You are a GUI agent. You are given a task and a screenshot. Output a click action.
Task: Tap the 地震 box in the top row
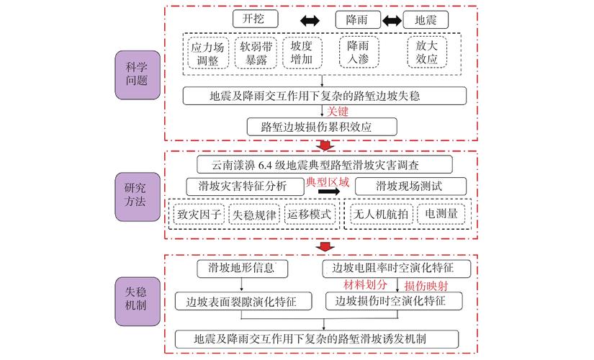[426, 19]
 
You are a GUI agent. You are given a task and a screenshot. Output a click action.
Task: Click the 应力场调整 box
[208, 53]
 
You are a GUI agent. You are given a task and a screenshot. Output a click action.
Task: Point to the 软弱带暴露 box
[256, 53]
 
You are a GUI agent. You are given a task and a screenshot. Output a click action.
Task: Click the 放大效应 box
[428, 53]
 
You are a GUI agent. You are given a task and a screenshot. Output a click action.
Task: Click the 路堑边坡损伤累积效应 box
[321, 127]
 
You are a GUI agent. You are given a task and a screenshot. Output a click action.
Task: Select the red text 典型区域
[328, 181]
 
